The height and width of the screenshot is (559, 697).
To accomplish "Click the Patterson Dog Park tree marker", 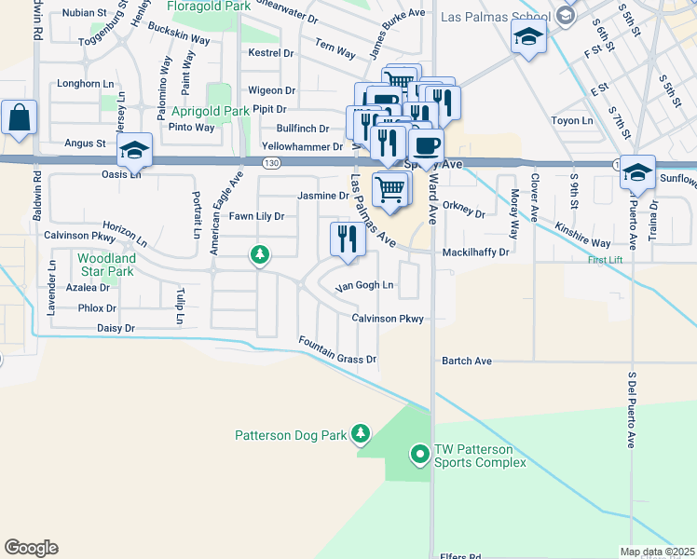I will click(361, 434).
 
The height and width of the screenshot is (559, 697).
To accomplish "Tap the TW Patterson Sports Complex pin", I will click(420, 455).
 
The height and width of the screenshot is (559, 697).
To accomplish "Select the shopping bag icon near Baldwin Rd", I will click(19, 118).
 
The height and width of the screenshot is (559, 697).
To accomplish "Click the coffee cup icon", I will click(426, 146).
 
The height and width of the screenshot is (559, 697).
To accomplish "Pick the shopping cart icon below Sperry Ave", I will click(391, 189).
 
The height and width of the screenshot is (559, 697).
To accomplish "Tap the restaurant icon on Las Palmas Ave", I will click(344, 239).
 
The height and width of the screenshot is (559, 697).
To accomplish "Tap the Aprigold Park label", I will click(210, 111).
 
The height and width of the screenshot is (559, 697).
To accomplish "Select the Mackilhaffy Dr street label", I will click(476, 252).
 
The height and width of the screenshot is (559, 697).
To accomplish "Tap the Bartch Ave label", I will click(466, 361).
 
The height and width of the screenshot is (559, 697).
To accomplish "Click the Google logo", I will click(31, 547).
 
